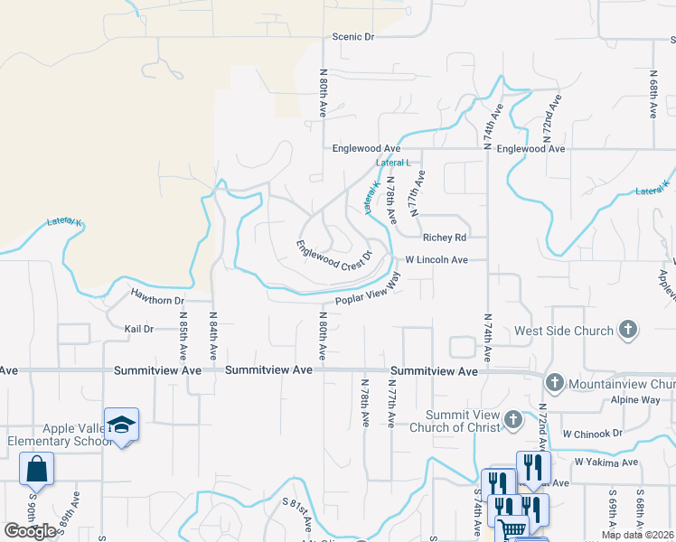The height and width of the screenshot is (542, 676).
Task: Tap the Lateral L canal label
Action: pyautogui.click(x=393, y=163)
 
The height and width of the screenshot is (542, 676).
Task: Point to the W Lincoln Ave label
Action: pyautogui.click(x=436, y=260)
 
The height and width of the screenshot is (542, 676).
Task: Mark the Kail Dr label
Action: pyautogui.click(x=139, y=330)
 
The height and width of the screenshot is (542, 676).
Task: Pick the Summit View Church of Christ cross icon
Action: pyautogui.click(x=512, y=419)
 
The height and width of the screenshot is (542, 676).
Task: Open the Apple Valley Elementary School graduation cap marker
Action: pyautogui.click(x=121, y=425)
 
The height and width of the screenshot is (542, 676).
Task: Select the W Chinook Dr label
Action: pyautogui.click(x=592, y=434)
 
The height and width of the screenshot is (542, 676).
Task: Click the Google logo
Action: pyautogui.click(x=31, y=531)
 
